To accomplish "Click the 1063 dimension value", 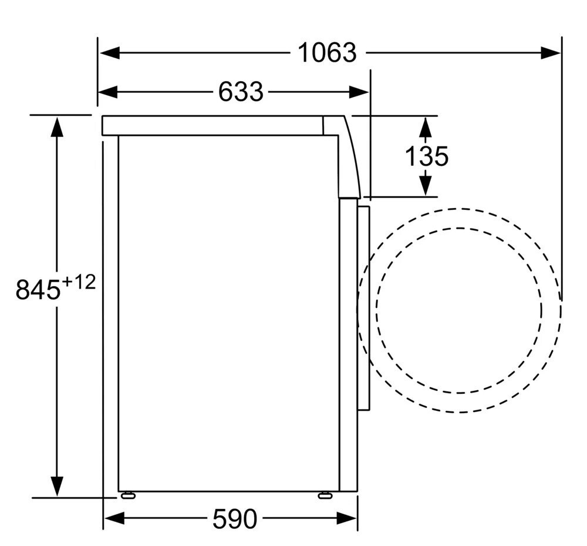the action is (x=327, y=53).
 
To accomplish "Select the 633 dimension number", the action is (x=241, y=92).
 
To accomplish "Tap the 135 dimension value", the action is (x=426, y=156).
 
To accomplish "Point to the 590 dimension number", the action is (x=235, y=519).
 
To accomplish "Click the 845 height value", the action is (x=38, y=289).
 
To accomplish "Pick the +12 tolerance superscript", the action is (x=79, y=282).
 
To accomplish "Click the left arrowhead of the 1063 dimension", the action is (x=109, y=53).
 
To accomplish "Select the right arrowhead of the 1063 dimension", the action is (x=551, y=53).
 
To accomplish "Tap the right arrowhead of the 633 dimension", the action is (x=359, y=92).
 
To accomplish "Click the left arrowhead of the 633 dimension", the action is (x=108, y=92).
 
